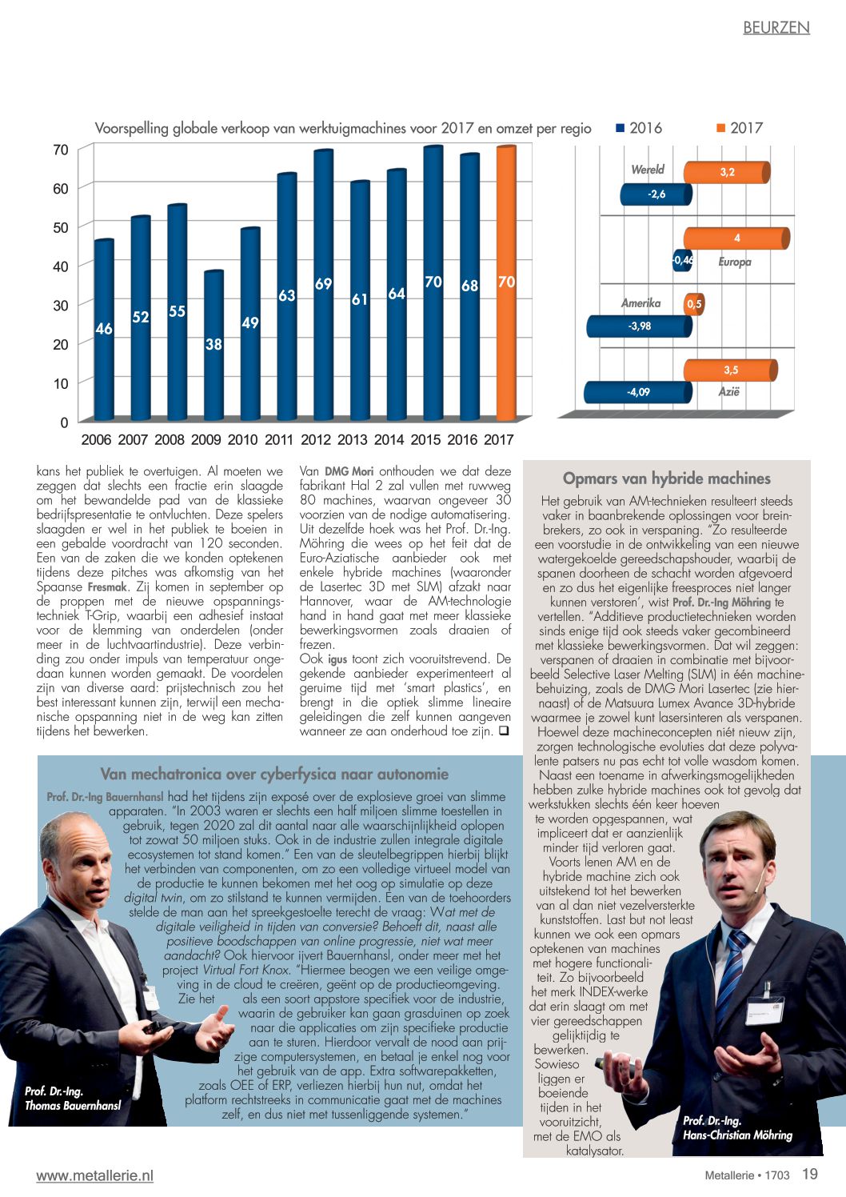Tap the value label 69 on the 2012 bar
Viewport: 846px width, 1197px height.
click(x=323, y=284)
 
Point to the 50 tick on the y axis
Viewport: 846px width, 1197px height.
click(x=61, y=227)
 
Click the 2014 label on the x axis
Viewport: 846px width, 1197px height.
click(x=389, y=439)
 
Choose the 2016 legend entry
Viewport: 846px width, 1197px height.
click(x=639, y=128)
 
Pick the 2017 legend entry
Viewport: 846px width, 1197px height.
click(x=740, y=128)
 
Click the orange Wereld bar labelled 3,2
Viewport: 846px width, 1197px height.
click(x=727, y=172)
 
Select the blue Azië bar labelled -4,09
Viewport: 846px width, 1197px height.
click(x=637, y=392)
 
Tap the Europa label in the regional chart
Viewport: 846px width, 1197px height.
click(x=734, y=262)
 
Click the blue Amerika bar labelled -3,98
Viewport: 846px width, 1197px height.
click(x=639, y=326)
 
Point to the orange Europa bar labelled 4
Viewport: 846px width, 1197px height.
click(x=736, y=238)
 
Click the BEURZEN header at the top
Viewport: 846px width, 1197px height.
click(x=776, y=27)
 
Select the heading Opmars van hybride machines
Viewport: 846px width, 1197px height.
click(x=666, y=478)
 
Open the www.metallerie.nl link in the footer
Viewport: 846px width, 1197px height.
click(x=94, y=1175)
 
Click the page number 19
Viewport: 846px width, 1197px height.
click(x=810, y=1174)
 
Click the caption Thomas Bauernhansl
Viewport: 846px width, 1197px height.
click(x=73, y=1105)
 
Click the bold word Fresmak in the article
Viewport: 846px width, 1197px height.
click(x=107, y=586)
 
